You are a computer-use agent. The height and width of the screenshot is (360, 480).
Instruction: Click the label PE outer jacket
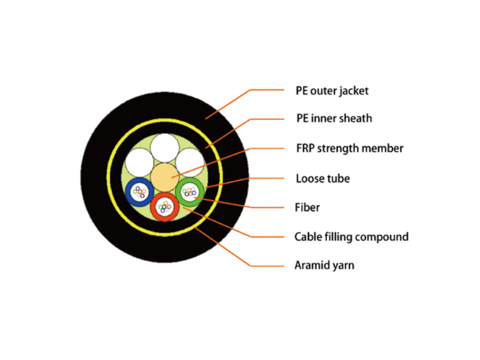pyautogui.click(x=332, y=91)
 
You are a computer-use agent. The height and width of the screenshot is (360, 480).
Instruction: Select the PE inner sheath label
pyautogui.click(x=334, y=118)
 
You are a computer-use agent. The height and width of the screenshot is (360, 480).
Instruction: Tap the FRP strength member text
pyautogui.click(x=350, y=148)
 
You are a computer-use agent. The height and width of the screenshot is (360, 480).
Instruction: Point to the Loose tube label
pyautogui.click(x=323, y=178)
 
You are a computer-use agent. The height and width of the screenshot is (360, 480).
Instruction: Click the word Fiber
pyautogui.click(x=307, y=208)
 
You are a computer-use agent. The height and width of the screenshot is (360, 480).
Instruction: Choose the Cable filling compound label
pyautogui.click(x=352, y=237)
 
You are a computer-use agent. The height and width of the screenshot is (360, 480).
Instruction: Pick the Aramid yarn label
pyautogui.click(x=324, y=265)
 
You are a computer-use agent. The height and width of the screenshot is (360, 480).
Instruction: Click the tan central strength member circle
pyautogui.click(x=164, y=177)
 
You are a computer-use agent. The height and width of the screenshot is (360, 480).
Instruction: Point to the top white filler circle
pyautogui.click(x=164, y=148)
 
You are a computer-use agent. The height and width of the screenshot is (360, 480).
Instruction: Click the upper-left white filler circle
pyautogui.click(x=140, y=163)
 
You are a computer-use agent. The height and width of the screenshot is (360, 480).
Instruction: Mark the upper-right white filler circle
pyautogui.click(x=190, y=163)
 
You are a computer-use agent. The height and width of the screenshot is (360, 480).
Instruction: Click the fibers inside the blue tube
pyautogui.click(x=140, y=192)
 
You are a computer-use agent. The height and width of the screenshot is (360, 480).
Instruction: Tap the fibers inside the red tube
pyautogui.click(x=164, y=207)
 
